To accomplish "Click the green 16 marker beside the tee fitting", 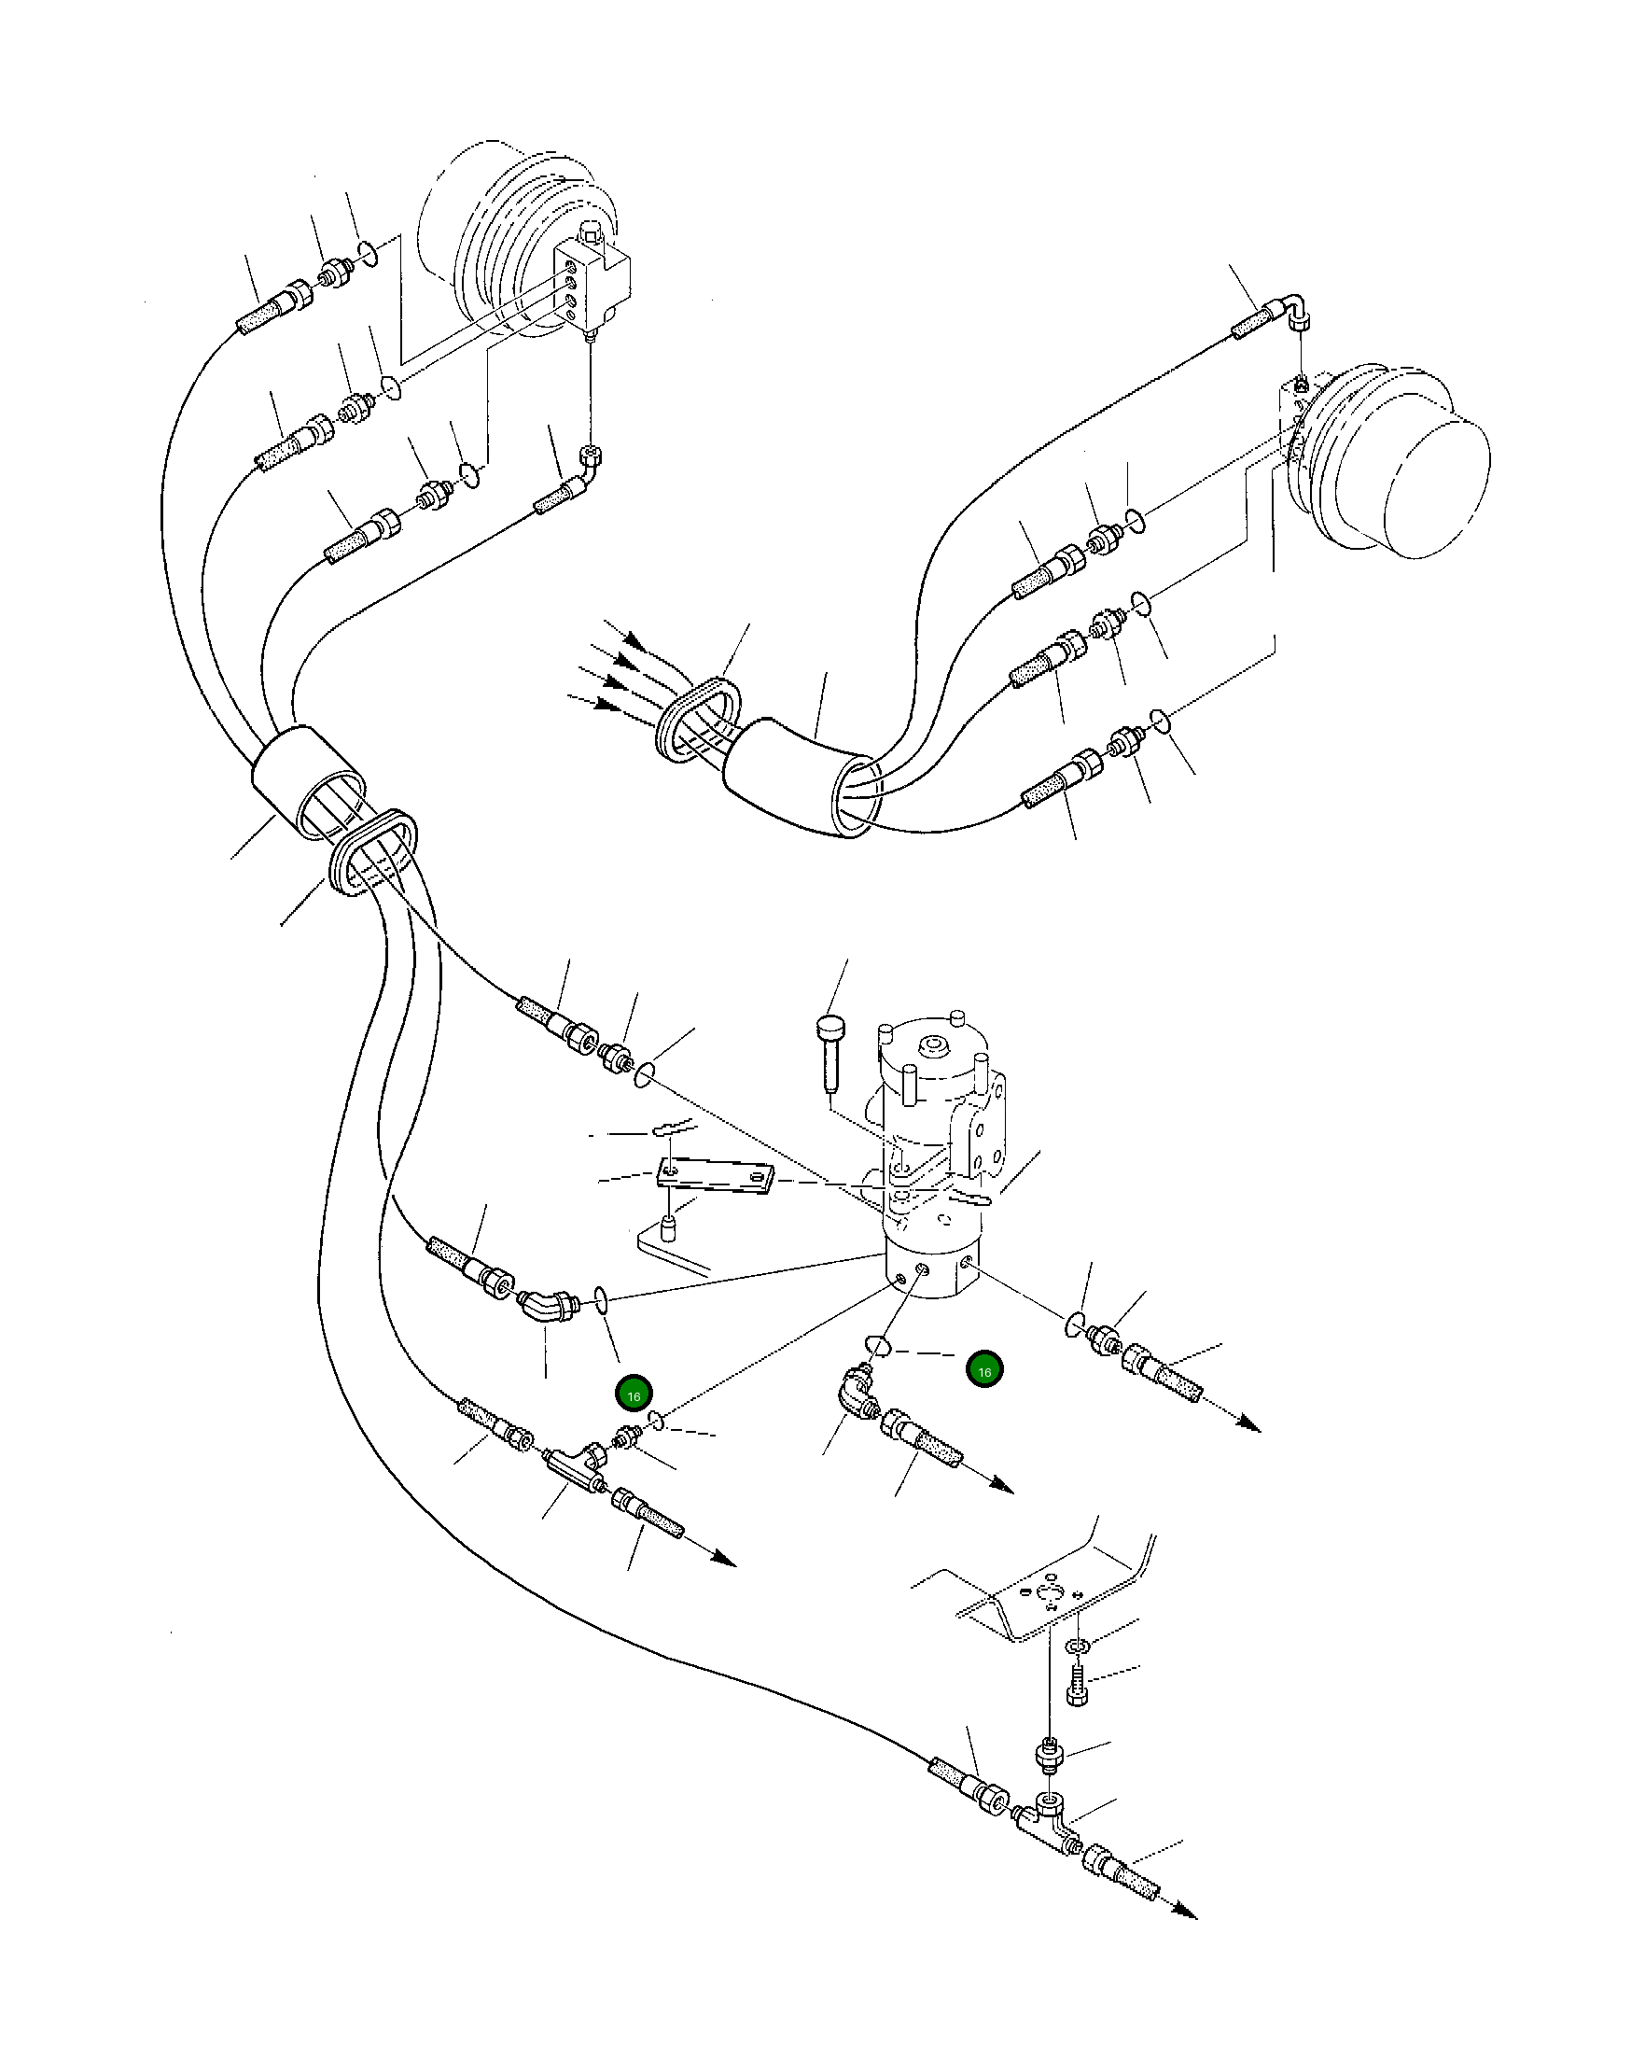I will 634,1395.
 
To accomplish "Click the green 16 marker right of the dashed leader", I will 984,1369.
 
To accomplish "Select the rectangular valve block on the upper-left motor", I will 593,287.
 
